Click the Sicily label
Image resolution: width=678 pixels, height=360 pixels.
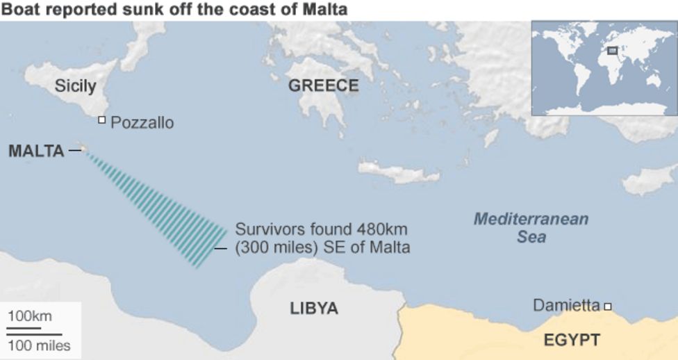point(76,86)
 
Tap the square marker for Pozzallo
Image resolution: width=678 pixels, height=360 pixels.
point(101,120)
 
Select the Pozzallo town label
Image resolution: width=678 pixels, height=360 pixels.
point(142,122)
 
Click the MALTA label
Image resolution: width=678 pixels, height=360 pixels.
point(36,150)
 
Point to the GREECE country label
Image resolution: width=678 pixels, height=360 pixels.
point(324,85)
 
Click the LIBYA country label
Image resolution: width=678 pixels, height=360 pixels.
point(314,308)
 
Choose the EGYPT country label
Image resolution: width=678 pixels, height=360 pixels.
point(572,340)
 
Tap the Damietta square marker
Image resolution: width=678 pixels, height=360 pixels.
point(608,306)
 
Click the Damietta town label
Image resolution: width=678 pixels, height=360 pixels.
point(565,304)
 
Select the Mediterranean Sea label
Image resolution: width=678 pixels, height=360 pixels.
point(531,228)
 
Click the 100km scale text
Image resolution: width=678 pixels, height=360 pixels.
point(30,316)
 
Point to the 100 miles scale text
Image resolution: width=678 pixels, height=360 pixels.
point(39,345)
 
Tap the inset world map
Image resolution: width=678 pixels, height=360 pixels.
point(604,67)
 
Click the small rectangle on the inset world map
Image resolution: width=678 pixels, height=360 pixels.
point(612,50)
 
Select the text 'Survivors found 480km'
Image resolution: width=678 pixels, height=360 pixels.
point(321,229)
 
